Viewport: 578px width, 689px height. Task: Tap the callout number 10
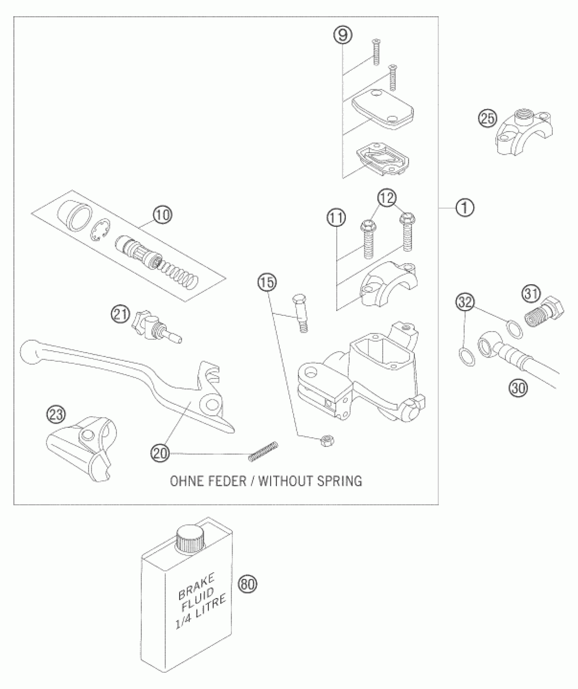click(163, 215)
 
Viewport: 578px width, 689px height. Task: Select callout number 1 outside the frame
click(464, 207)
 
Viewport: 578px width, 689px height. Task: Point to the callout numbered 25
click(488, 119)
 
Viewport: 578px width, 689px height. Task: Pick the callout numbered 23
click(56, 415)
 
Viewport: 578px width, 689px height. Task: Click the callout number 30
click(518, 388)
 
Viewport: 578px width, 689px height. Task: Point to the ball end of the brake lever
click(29, 352)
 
